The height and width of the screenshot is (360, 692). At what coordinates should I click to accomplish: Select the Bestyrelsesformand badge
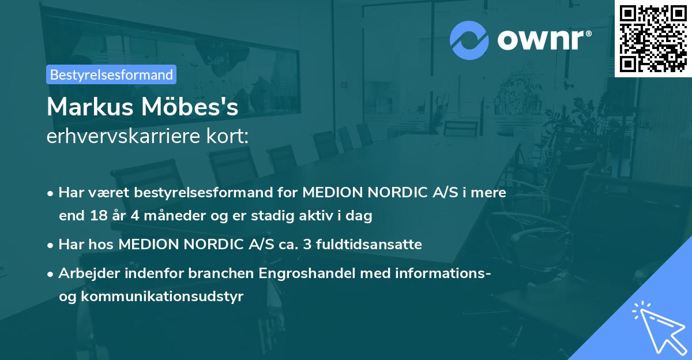[111, 74]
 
